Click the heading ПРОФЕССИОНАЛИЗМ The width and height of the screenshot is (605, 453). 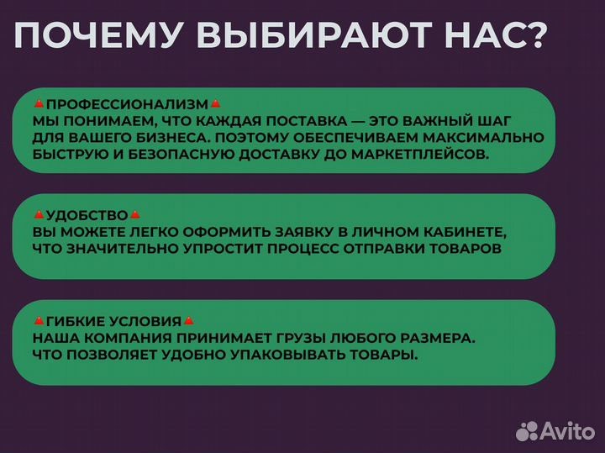[x=126, y=105]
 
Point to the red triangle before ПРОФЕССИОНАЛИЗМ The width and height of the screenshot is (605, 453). [x=39, y=104]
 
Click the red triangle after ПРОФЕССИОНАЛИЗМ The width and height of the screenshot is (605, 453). [x=215, y=104]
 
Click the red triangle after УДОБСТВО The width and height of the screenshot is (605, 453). [x=135, y=215]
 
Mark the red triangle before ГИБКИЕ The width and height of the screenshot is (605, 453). [x=39, y=321]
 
